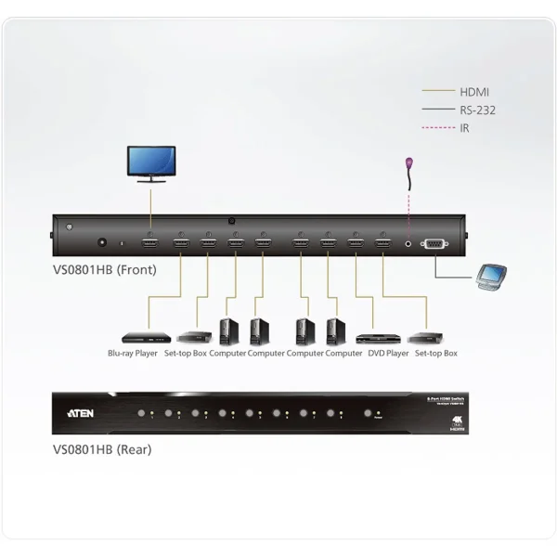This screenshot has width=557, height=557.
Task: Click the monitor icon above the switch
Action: point(149,162)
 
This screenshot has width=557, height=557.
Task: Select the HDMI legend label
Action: point(474,92)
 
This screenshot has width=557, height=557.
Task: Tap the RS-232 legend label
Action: point(477,110)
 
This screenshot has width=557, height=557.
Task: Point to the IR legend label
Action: point(465,127)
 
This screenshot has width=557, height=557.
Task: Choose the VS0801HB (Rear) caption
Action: point(102,449)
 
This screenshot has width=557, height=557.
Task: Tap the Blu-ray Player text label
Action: point(133,354)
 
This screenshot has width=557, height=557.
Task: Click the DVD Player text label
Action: point(387,354)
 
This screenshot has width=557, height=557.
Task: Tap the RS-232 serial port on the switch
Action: point(434,243)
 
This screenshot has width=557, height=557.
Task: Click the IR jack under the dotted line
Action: point(408,243)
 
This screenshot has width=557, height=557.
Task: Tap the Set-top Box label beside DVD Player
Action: point(436,354)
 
